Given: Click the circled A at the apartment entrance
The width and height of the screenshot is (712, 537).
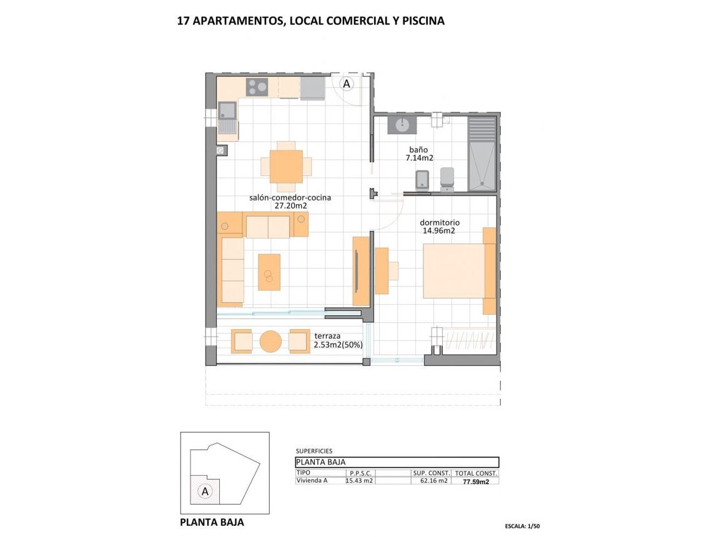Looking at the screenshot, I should pos(347,82).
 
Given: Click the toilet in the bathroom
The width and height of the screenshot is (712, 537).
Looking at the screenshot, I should pos(448,179).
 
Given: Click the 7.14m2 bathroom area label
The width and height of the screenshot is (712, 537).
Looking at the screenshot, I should pos(419,159).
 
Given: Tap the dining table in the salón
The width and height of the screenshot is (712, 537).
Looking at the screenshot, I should pos(286,166).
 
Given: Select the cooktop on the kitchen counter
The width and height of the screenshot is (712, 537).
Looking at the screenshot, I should pos(257,87).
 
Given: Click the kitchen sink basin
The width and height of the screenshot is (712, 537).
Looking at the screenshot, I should pos(227,111).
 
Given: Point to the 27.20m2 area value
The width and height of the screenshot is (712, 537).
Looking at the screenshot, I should pos(291,205).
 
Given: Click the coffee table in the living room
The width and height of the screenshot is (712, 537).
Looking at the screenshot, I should pos(269,272).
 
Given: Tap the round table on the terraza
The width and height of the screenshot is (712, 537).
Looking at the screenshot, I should pos(270,342).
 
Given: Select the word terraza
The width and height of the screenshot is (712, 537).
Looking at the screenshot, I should pos(329,335).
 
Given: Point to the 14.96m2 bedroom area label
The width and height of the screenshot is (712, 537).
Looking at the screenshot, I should pos(438,230).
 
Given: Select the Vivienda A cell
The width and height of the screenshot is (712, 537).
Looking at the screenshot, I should pos(312,480).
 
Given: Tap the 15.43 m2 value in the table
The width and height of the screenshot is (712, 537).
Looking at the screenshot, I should pos(360,481).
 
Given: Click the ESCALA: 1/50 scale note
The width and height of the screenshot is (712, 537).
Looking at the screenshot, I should pos(522,526).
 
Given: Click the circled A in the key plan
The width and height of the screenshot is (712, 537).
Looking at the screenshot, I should pos(204,491).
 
